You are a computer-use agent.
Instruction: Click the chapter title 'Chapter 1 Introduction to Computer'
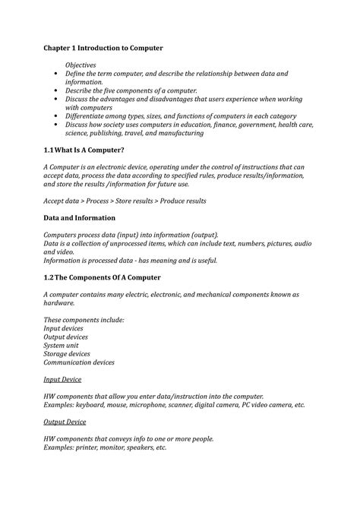pyautogui.click(x=103, y=48)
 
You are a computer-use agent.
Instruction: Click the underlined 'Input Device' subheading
pyautogui.click(x=62, y=378)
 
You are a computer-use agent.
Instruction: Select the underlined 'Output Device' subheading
pyautogui.click(x=65, y=422)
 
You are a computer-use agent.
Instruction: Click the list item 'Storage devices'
pyautogui.click(x=70, y=353)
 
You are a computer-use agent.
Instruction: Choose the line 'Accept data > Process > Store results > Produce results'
pyautogui.click(x=125, y=201)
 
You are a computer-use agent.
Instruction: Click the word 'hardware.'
pyautogui.click(x=58, y=302)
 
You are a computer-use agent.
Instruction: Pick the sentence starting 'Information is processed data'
pyautogui.click(x=130, y=260)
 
